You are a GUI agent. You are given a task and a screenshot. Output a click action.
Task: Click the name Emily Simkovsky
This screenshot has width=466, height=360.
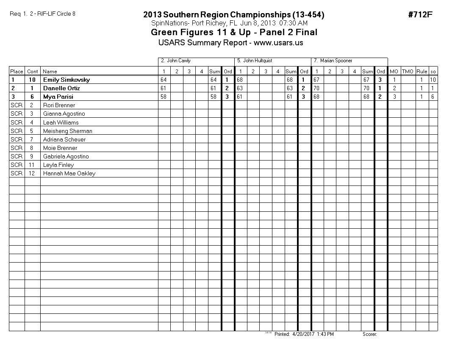pos(67,80)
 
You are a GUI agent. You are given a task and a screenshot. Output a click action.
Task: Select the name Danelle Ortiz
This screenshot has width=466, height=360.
pos(61,88)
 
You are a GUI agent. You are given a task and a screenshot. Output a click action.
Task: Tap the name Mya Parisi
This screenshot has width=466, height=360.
pos(58,97)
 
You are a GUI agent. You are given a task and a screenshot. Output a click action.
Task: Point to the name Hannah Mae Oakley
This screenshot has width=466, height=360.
pos(69,173)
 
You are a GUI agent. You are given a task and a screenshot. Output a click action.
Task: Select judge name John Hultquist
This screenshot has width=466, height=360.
pos(258,61)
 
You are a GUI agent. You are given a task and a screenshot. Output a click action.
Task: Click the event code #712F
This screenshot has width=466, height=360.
pos(420,15)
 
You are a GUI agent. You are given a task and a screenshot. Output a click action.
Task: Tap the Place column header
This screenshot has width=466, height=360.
pos(17,72)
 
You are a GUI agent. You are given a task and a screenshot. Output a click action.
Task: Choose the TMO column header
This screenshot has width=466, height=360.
pos(408,72)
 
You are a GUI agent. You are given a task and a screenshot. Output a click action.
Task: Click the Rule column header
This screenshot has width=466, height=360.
pos(422,72)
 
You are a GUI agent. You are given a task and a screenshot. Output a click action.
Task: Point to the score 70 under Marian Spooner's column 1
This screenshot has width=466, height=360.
pos(317,88)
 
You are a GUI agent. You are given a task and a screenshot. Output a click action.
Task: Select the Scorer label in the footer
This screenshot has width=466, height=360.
pos(369,334)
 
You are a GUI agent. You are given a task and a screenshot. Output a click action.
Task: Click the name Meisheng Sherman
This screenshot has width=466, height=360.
pos(67,131)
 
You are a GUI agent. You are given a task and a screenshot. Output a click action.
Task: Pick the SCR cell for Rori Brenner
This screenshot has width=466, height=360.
pos(17,105)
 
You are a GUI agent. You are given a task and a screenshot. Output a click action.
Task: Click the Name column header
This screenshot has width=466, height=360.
pos(50,72)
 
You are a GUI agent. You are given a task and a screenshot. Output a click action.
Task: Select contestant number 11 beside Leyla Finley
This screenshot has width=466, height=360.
pos(32,165)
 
